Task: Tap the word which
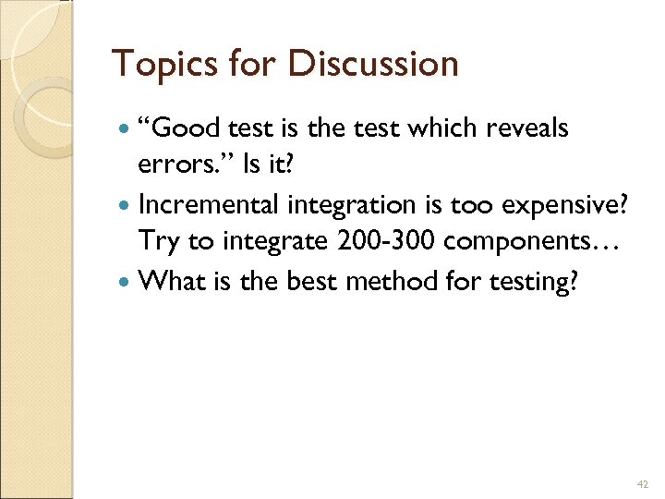point(422,128)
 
